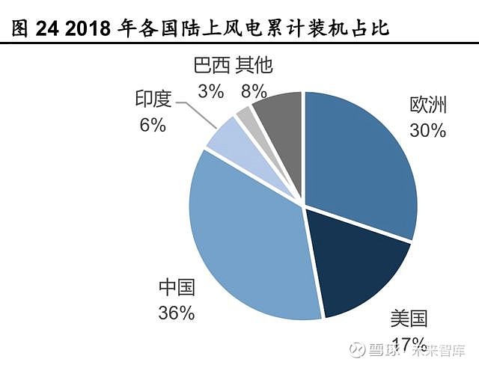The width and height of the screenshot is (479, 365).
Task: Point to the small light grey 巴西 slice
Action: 245,117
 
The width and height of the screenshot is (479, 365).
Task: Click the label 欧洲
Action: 427,105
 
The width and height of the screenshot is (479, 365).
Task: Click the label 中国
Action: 177,288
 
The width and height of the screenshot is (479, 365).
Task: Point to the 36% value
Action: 177,313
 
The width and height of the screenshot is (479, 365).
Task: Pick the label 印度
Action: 153,99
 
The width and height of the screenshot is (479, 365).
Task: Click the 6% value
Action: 153,124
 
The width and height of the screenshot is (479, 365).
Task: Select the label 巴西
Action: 212,66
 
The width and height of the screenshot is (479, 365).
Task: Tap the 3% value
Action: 212,91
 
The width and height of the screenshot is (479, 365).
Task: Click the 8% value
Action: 254,91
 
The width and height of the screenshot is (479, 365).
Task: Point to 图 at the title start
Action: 20,28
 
